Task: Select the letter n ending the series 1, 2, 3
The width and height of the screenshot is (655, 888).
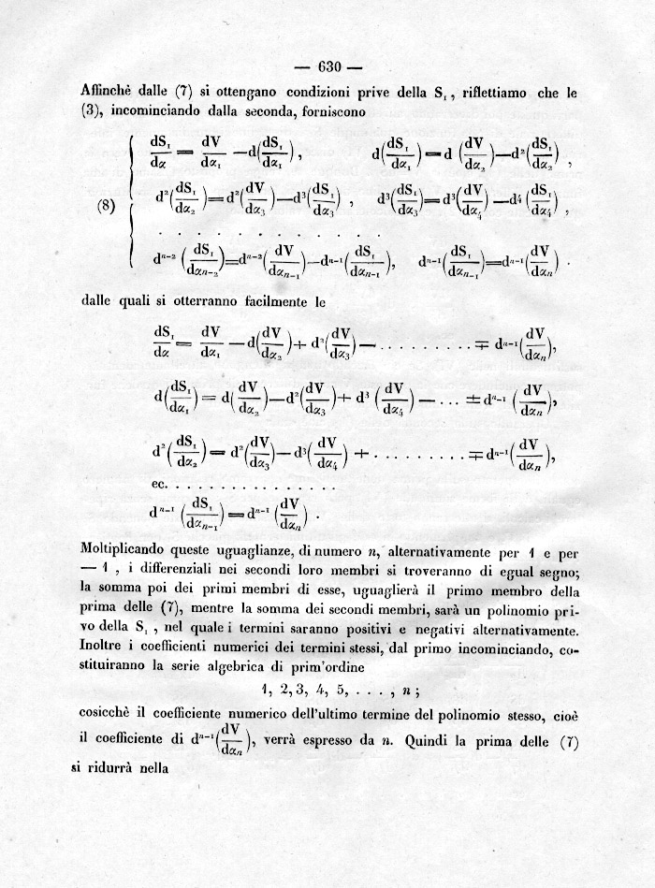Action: point(409,693)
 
